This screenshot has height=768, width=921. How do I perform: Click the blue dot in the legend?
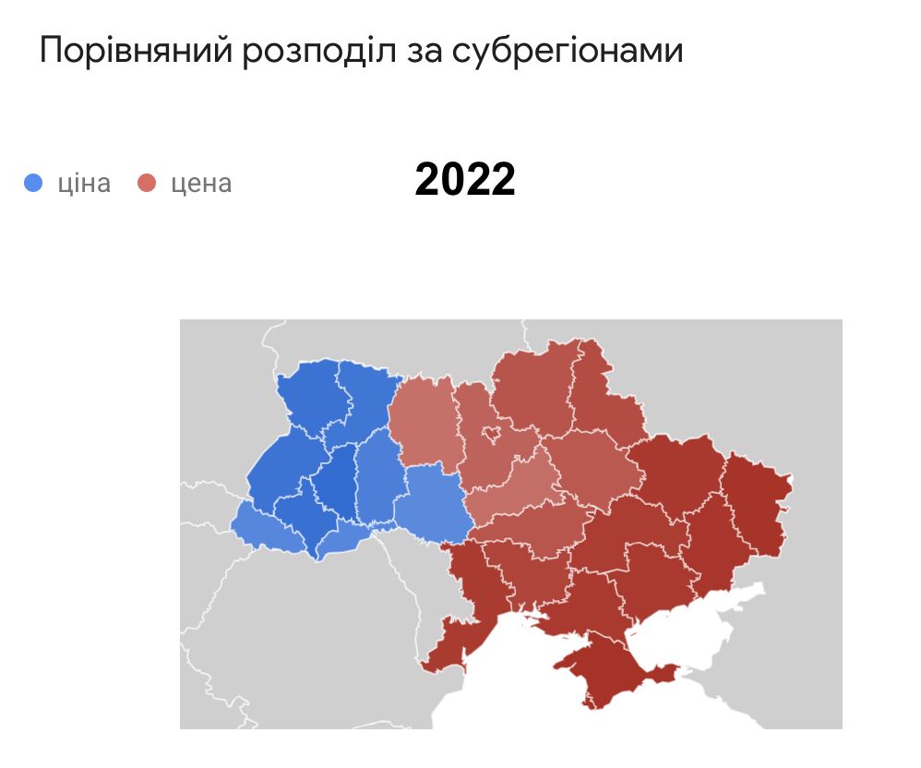point(33,183)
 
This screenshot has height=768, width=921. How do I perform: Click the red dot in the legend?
point(146,183)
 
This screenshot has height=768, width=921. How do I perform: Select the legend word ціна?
point(84,183)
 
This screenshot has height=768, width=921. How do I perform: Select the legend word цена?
point(201,183)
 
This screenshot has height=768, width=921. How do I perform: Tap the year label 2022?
point(464,179)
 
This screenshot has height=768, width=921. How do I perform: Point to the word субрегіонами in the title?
point(568,51)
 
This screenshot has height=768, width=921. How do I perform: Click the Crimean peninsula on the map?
point(609,669)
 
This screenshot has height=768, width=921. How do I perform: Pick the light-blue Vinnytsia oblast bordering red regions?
point(434,503)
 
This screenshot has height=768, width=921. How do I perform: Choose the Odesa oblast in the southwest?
point(466,591)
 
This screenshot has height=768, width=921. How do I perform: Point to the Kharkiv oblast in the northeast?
point(674,471)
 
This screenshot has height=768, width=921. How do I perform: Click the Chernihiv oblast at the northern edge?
point(531,388)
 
